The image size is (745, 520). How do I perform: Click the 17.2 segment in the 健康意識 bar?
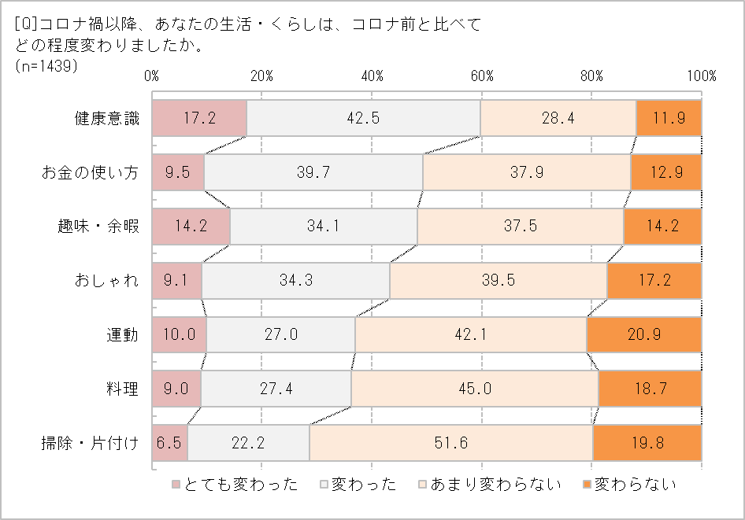click(199, 119)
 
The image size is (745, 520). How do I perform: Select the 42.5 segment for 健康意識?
click(363, 119)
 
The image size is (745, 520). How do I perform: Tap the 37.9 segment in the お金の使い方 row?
click(527, 172)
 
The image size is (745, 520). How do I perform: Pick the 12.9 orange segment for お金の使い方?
click(665, 172)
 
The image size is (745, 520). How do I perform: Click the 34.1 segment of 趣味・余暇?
click(324, 227)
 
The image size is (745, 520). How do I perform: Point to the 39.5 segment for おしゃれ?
click(499, 281)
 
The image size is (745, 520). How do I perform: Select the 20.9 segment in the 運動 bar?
click(643, 334)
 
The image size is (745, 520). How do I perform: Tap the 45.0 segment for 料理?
click(475, 389)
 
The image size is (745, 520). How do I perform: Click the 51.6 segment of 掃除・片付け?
click(450, 443)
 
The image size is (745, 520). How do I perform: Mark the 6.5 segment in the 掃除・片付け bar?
click(170, 443)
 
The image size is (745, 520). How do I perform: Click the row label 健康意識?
click(107, 119)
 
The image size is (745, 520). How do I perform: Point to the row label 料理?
click(123, 389)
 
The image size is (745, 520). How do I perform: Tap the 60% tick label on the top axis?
click(482, 76)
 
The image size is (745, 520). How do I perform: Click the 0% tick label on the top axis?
click(152, 76)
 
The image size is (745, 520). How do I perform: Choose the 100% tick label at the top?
click(701, 76)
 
